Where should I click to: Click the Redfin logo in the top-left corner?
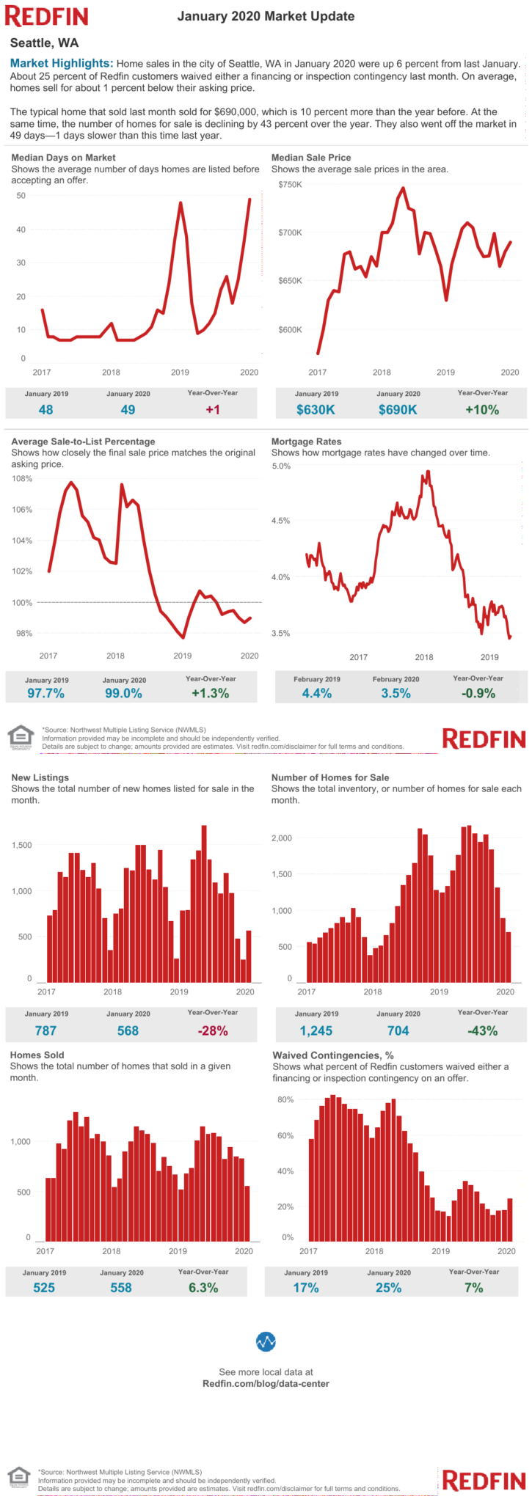pyautogui.click(x=46, y=16)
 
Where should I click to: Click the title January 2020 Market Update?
pyautogui.click(x=266, y=16)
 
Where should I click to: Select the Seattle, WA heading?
pyautogui.click(x=44, y=43)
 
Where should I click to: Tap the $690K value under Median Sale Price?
pyautogui.click(x=398, y=410)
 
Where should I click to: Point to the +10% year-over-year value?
pyautogui.click(x=481, y=410)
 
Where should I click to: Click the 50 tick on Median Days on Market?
pyautogui.click(x=21, y=196)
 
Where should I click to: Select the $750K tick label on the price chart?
pyautogui.click(x=290, y=184)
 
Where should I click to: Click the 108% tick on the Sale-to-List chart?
pyautogui.click(x=22, y=479)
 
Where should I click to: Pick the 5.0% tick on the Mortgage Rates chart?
pyautogui.click(x=281, y=466)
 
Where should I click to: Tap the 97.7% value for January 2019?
pyautogui.click(x=45, y=693)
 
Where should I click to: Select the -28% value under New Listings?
pyautogui.click(x=213, y=1030)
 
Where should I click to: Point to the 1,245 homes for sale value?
pyautogui.click(x=316, y=1030)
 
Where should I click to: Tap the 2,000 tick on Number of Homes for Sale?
pyautogui.click(x=282, y=838)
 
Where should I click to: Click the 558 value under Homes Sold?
pyautogui.click(x=121, y=1287)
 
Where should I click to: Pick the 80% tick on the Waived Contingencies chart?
pyautogui.click(x=285, y=1099)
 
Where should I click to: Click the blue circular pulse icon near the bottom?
pyautogui.click(x=266, y=1341)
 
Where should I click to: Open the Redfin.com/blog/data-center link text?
pyautogui.click(x=266, y=1383)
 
